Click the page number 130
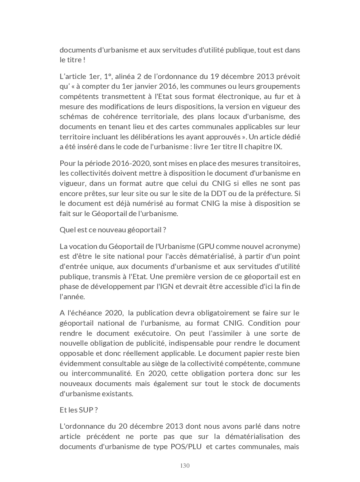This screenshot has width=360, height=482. pos(185,465)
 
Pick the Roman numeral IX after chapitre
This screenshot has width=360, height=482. pos(277,147)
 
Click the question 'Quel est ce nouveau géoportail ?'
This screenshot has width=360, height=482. pos(113,230)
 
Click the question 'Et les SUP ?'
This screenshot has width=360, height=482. pos(78,410)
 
